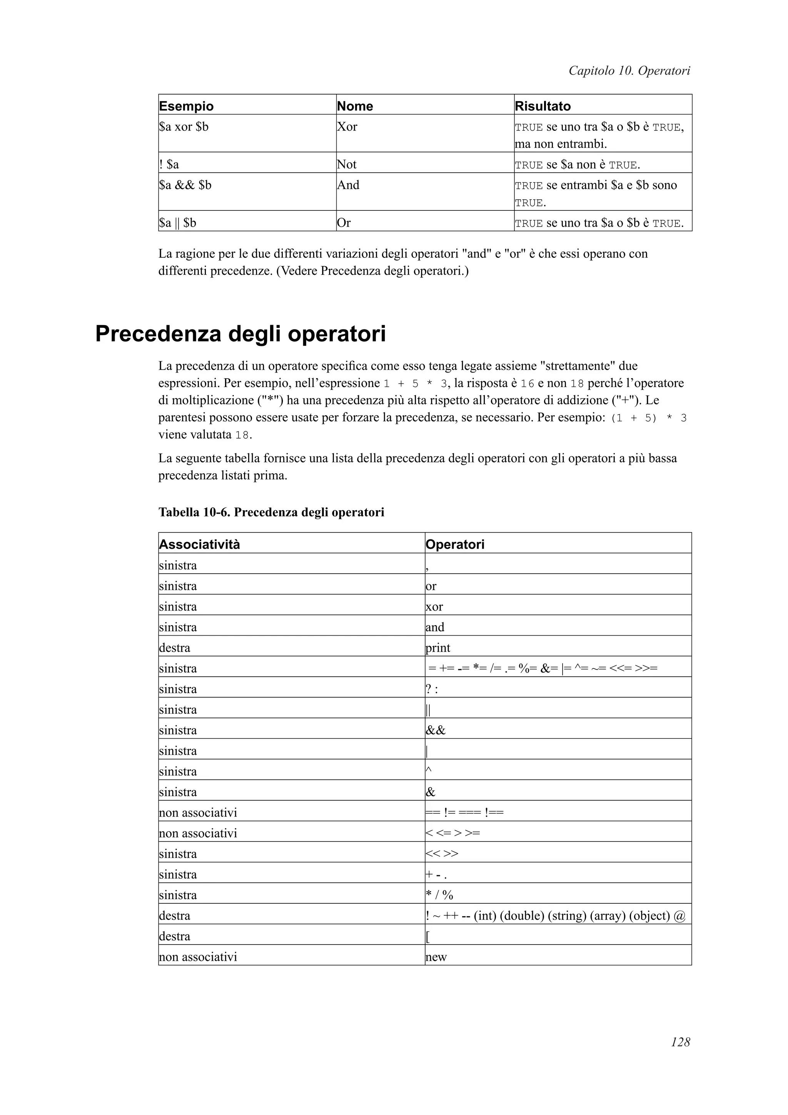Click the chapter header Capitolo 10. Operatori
tap(629, 71)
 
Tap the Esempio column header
tap(187, 106)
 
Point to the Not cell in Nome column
tap(347, 165)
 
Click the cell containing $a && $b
tap(185, 185)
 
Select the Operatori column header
tap(454, 544)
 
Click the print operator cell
tap(438, 648)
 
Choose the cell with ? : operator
tap(432, 689)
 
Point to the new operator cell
tap(436, 957)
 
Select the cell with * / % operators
tap(439, 895)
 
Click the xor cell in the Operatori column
tap(434, 606)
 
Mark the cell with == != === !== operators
tap(465, 813)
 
